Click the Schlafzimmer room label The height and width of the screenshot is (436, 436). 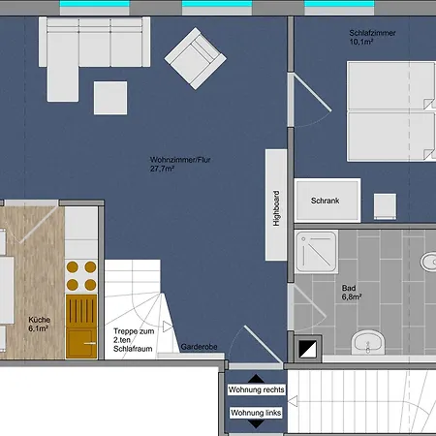click(x=372, y=33)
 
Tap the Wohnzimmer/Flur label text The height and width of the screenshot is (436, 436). click(x=180, y=164)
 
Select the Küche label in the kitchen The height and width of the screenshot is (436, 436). click(x=39, y=324)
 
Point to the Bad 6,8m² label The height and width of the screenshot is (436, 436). click(x=352, y=293)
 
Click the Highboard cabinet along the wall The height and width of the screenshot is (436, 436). click(x=276, y=204)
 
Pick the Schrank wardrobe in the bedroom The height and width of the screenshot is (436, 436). click(x=327, y=201)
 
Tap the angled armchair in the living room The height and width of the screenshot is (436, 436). click(x=196, y=58)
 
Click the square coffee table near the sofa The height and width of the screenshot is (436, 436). click(x=110, y=98)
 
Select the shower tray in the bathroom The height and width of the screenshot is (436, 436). click(x=317, y=252)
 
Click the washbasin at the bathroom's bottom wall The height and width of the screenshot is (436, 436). click(x=368, y=342)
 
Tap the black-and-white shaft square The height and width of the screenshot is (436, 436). click(x=307, y=349)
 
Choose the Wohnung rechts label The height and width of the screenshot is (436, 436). click(x=256, y=389)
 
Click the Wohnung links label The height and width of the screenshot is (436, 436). click(x=256, y=413)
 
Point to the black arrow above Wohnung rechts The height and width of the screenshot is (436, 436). click(x=256, y=379)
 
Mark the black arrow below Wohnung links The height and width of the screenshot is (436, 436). click(x=256, y=424)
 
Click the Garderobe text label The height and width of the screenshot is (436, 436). click(x=199, y=347)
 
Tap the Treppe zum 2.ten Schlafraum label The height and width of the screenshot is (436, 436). click(x=134, y=340)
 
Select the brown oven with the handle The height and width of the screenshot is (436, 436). click(x=81, y=327)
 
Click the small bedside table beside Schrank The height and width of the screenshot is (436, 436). click(x=385, y=206)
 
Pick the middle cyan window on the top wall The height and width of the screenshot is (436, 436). click(x=217, y=4)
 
